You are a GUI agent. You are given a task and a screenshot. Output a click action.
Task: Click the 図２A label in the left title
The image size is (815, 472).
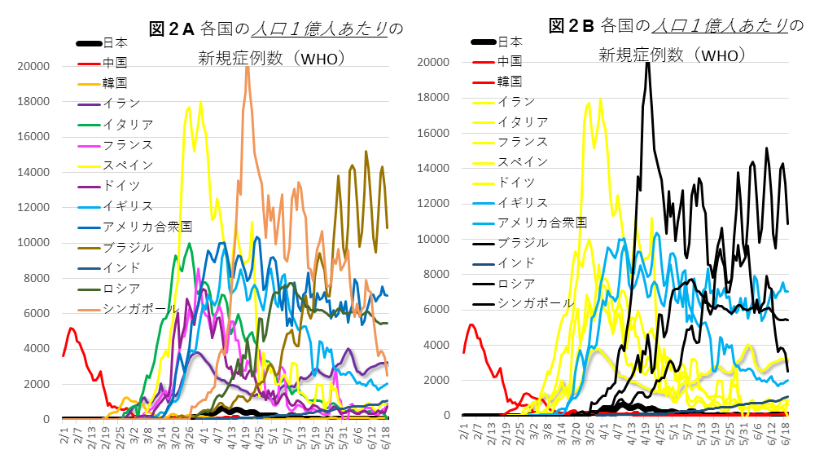pyautogui.click(x=171, y=29)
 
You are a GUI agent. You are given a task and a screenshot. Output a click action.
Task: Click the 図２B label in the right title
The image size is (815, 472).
pyautogui.click(x=572, y=26)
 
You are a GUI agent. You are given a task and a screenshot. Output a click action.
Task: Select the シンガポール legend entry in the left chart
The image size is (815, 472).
pyautogui.click(x=135, y=308)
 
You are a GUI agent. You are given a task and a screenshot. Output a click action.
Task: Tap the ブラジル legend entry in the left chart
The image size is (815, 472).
pyautogui.click(x=127, y=247)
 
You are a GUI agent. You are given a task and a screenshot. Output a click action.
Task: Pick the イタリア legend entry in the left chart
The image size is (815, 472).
pyautogui.click(x=127, y=124)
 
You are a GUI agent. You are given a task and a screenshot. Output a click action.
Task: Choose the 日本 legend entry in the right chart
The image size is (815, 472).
pyautogui.click(x=510, y=41)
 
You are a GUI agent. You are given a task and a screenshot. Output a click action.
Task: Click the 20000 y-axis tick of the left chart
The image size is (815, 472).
pyautogui.click(x=38, y=67)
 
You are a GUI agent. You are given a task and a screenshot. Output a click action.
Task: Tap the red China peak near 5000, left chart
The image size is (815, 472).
pyautogui.click(x=72, y=329)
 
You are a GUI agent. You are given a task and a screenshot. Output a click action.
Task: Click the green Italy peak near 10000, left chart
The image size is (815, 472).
pyautogui.click(x=190, y=244)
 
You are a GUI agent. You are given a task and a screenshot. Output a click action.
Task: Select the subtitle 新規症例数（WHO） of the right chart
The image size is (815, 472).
pyautogui.click(x=673, y=55)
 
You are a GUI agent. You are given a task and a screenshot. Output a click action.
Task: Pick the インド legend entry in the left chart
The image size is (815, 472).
pyautogui.click(x=121, y=267)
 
